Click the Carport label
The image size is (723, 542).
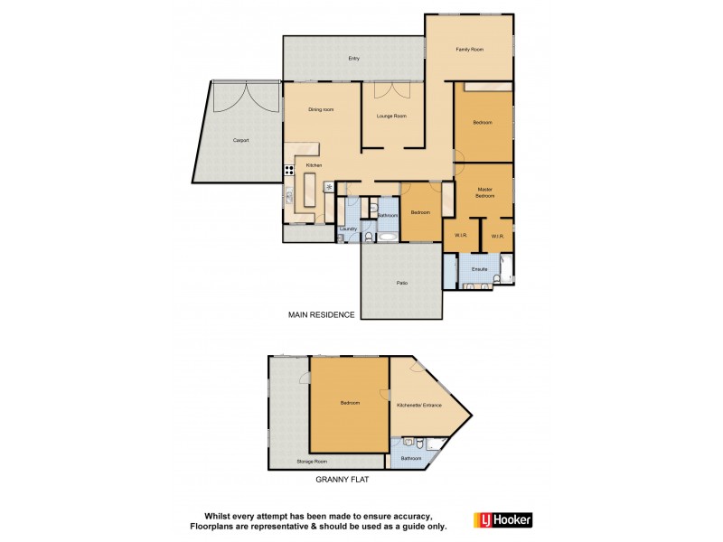(240, 140)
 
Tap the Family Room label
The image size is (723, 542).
(470, 49)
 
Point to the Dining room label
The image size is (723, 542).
(321, 109)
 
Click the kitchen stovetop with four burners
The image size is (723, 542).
(290, 170)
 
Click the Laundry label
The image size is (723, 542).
(349, 230)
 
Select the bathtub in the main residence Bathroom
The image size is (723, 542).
(387, 237)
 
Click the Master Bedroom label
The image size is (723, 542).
(485, 192)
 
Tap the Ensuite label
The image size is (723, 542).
(479, 269)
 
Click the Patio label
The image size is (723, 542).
(401, 284)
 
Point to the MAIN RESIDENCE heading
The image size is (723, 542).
(321, 315)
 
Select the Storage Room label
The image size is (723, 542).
(312, 462)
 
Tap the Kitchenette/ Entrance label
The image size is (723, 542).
(419, 405)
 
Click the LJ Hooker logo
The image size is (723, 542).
(502, 519)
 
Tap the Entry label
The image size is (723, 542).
(354, 59)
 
